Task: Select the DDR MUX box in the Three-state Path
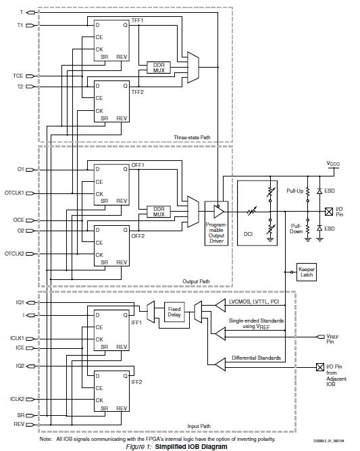click(x=159, y=68)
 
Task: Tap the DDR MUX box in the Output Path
click(x=159, y=211)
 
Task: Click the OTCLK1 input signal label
click(x=14, y=193)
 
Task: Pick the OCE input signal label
click(x=18, y=220)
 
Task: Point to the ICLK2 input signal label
click(x=17, y=400)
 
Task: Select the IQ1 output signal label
click(x=20, y=302)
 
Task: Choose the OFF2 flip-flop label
click(x=138, y=235)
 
